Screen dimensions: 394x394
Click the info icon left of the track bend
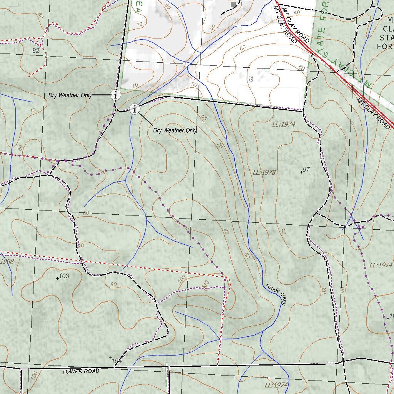point(115,95)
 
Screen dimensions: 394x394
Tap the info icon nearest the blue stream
point(135,110)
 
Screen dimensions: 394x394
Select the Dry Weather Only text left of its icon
point(70,95)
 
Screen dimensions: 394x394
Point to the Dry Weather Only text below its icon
point(175,130)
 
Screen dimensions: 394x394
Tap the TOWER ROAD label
point(81,371)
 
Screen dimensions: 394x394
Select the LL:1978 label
point(264,172)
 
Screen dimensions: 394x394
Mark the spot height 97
point(306,170)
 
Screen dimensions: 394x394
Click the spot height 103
point(63,276)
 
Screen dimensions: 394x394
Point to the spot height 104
point(116,361)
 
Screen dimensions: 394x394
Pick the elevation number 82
point(36,50)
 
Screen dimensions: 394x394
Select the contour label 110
point(204,285)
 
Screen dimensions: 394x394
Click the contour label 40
point(296,13)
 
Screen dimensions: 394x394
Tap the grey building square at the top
point(233,4)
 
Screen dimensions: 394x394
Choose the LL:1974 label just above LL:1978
point(283,124)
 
